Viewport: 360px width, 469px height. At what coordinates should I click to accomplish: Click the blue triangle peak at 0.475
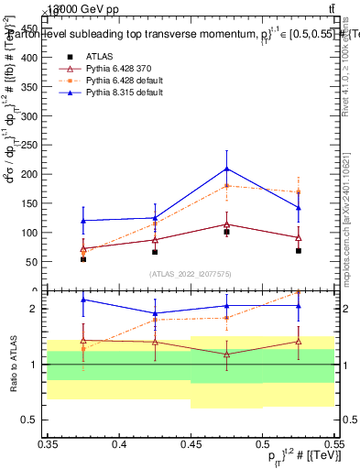point(226,169)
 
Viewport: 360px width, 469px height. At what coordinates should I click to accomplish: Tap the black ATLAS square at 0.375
point(83,259)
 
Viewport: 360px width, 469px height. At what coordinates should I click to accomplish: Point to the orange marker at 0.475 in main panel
point(226,186)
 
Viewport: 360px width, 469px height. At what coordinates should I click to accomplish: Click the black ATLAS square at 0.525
point(299,250)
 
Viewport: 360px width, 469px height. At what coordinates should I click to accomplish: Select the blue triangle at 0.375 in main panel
point(83,221)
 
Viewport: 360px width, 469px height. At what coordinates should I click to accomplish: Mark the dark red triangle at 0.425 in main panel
point(155,239)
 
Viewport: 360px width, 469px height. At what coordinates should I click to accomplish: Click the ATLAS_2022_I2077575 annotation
point(191,273)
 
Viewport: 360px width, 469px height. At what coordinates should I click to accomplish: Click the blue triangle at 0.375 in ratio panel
point(83,300)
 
